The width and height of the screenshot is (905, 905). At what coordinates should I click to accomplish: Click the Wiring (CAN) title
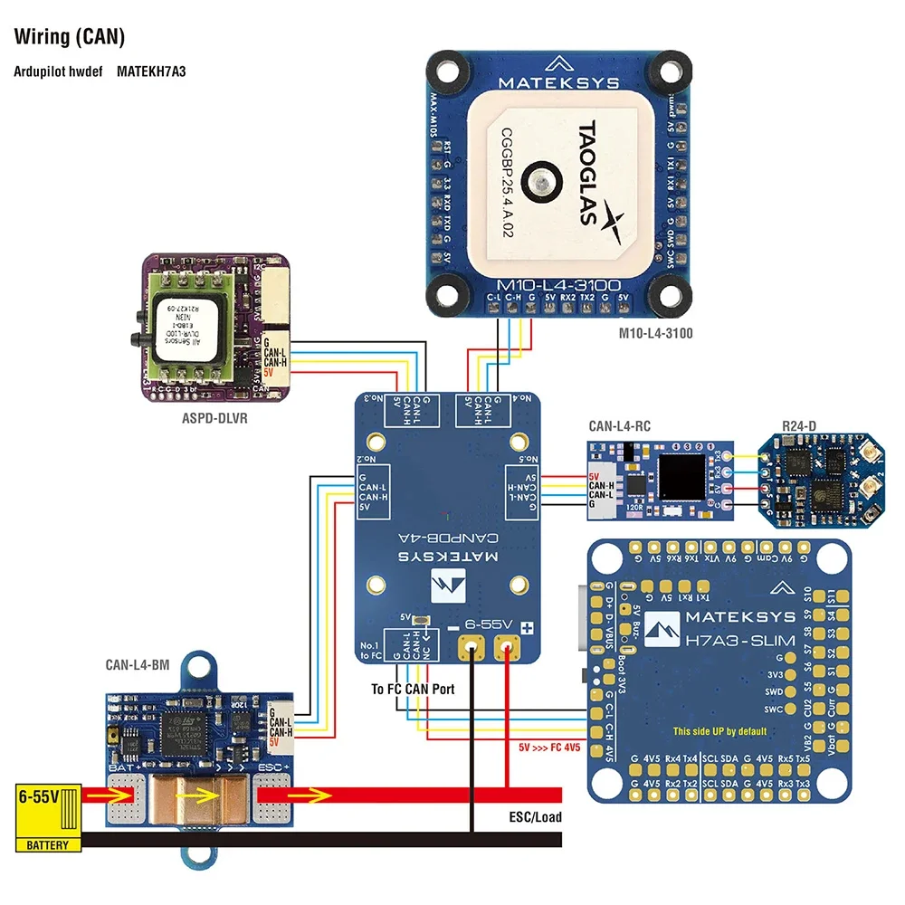coord(70,37)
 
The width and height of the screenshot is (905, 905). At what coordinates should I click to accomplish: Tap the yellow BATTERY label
coord(46,844)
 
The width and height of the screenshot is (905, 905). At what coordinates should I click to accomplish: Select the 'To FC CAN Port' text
coord(413,689)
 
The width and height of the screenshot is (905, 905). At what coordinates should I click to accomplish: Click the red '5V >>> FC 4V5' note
coord(549,748)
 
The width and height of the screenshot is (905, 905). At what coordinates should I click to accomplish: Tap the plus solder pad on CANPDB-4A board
coord(507,646)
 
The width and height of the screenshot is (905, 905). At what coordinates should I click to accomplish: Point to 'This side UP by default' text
coord(719,731)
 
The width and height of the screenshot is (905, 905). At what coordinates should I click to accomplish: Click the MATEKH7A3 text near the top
coord(151,70)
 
